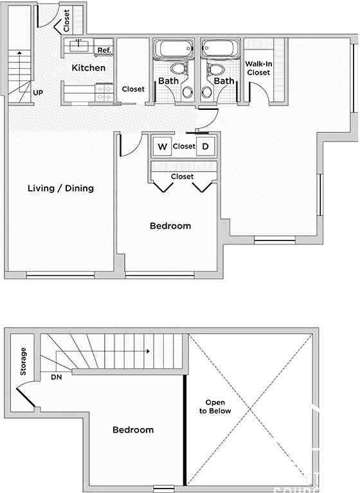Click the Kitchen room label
pyautogui.click(x=89, y=68)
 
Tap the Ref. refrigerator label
pyautogui.click(x=104, y=51)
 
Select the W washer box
pyautogui.click(x=163, y=147)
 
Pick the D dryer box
pyautogui.click(x=206, y=147)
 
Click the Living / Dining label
pyautogui.click(x=61, y=188)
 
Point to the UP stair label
pyautogui.click(x=38, y=93)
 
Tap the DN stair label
pyautogui.click(x=57, y=377)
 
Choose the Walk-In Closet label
pyautogui.click(x=258, y=68)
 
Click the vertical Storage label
pyautogui.click(x=24, y=362)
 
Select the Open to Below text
pyautogui.click(x=215, y=406)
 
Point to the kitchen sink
pyautogui.click(x=79, y=44)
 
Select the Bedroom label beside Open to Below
pyautogui.click(x=133, y=429)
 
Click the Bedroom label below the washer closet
pyautogui.click(x=170, y=226)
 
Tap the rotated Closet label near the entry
pyautogui.click(x=67, y=20)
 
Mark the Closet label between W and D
pyautogui.click(x=184, y=147)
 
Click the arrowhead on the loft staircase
pyautogui.click(x=148, y=352)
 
